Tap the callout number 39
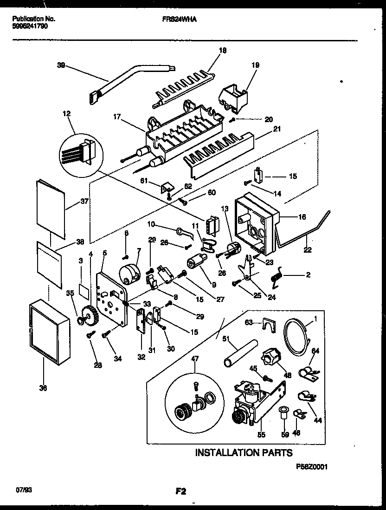coord(60,66)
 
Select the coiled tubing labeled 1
coord(296,332)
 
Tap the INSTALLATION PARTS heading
coord(244,452)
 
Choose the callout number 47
coord(195,359)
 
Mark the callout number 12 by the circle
coord(67,114)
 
